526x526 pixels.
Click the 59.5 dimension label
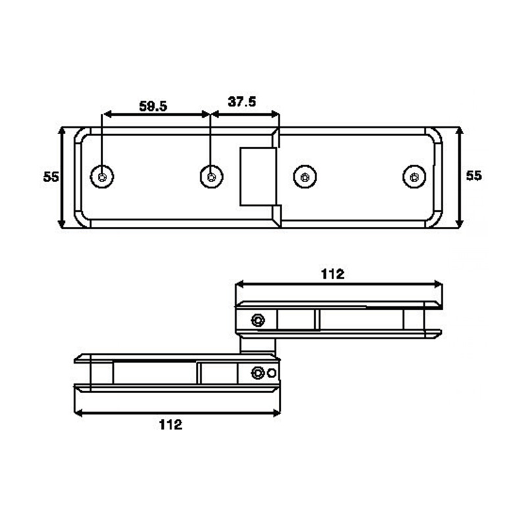click(x=153, y=107)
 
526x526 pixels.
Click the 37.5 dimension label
click(x=241, y=101)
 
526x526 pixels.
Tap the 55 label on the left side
click(x=51, y=177)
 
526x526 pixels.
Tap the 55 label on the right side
click(x=473, y=176)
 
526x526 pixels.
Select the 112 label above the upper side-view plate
click(x=333, y=274)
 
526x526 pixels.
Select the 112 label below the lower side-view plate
click(x=171, y=425)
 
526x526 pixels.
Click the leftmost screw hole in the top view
click(x=102, y=177)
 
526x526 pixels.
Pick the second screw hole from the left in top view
click(x=211, y=177)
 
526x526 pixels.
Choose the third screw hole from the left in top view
click(x=305, y=177)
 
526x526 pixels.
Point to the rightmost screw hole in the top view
click(x=414, y=177)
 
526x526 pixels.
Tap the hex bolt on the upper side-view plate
click(x=258, y=320)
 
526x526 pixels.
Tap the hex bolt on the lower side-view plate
click(x=258, y=373)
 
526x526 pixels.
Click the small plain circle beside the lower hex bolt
click(x=272, y=373)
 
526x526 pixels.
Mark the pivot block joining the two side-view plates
click(x=258, y=346)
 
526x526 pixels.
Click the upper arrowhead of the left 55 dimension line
click(x=61, y=131)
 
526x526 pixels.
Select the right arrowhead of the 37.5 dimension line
click(x=275, y=114)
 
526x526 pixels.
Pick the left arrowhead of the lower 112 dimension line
click(x=78, y=413)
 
